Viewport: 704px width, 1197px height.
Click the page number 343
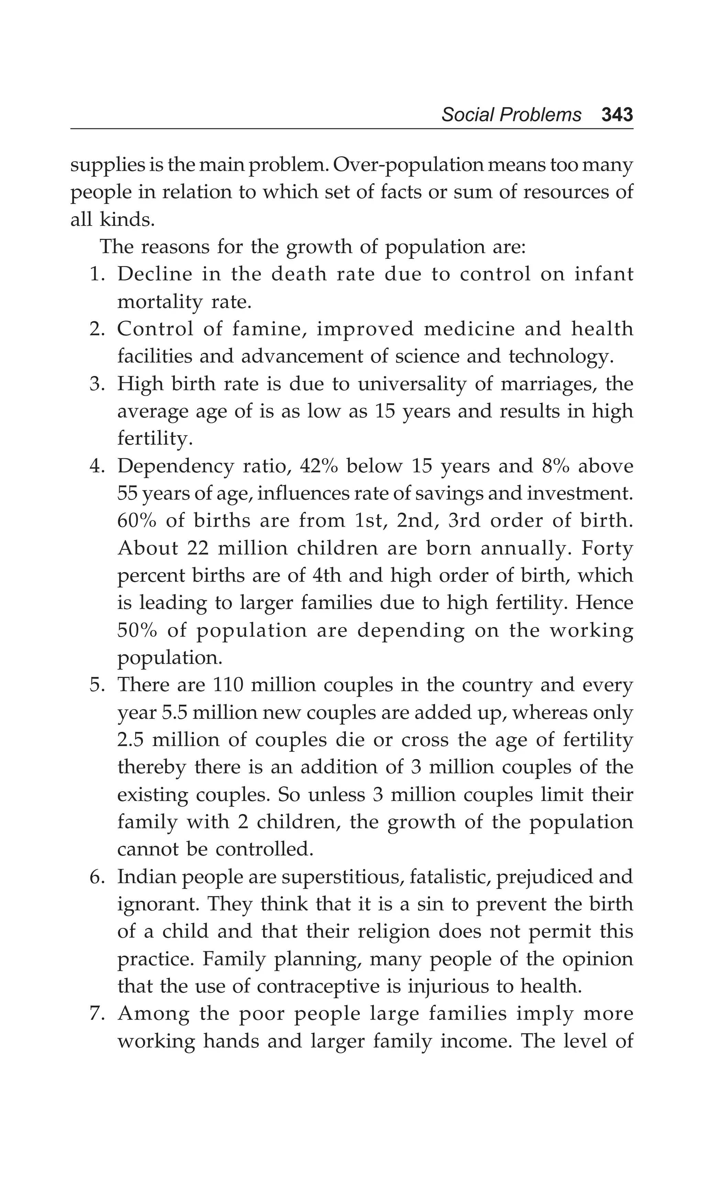coord(617,115)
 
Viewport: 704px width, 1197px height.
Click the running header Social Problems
coord(511,115)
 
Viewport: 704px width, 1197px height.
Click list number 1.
coord(97,275)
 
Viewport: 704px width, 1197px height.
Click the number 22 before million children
coord(198,548)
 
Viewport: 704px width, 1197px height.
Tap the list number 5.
coord(97,685)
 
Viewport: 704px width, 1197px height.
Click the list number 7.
coord(97,1014)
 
